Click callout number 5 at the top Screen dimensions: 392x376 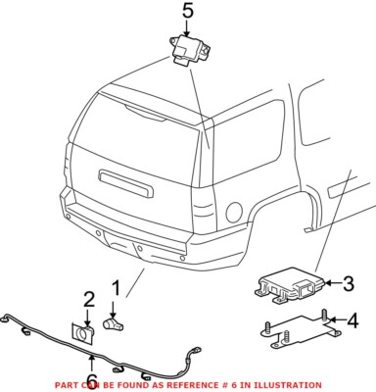point(189,12)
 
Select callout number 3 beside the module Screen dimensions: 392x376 point(347,284)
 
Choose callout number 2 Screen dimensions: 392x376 point(87,299)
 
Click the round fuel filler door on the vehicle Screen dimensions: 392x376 point(234,210)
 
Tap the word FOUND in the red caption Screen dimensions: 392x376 point(134,385)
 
